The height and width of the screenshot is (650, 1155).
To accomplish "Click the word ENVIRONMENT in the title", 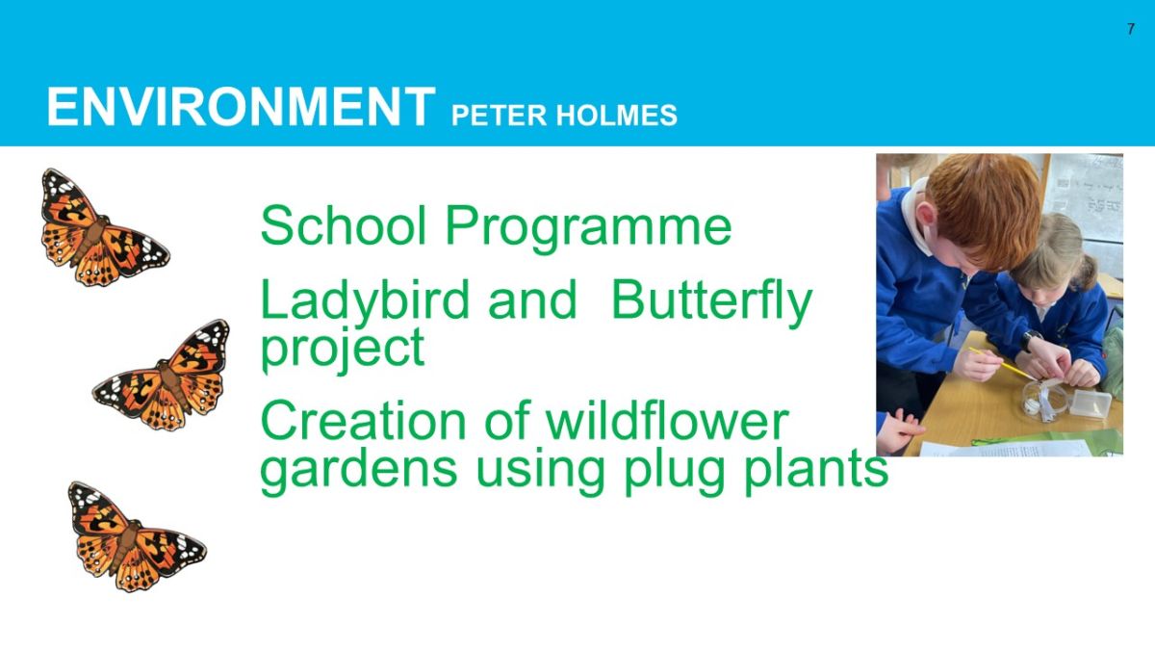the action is pos(241,107).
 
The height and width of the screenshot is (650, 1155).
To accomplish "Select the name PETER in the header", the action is pos(499,115).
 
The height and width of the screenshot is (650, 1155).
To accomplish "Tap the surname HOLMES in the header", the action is pos(617,115).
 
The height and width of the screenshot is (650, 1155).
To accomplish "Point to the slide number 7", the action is pos(1131,29).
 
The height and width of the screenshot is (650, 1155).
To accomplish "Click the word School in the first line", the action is pos(344,225).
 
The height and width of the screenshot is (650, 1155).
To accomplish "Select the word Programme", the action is pos(588,229).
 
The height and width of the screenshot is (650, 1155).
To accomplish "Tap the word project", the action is pos(343,350).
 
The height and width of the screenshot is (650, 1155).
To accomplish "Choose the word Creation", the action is pos(364,421).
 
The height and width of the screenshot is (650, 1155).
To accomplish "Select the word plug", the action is pos(674,472).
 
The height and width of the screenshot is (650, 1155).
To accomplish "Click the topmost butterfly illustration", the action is pos(105,228).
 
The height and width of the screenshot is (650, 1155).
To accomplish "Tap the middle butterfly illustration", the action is pos(162,376).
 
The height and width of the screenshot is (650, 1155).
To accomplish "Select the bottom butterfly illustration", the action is pos(136,536).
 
